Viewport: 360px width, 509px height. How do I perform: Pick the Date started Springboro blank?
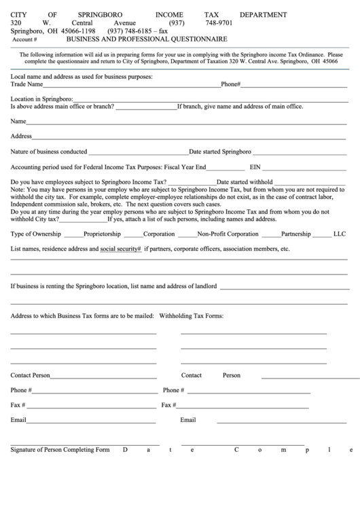[x=299, y=153]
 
